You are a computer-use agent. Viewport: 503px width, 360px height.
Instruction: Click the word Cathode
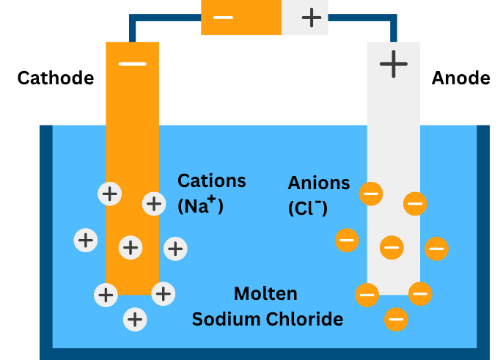coord(56,78)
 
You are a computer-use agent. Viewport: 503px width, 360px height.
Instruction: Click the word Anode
coord(460,78)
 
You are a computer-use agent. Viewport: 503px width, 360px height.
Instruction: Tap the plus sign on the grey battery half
coord(312,17)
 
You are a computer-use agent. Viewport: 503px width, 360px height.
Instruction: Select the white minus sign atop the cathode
coord(132,64)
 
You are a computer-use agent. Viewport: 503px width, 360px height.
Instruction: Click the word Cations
coord(212,180)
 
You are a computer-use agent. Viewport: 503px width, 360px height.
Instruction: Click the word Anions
coord(319,183)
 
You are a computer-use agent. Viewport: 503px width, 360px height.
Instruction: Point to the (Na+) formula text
coord(200,205)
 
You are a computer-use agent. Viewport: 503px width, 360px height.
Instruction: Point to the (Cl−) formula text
coord(308,207)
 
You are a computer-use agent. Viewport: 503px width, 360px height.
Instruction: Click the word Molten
coord(265,294)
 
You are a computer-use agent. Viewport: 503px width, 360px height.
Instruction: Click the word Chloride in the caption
coord(307,320)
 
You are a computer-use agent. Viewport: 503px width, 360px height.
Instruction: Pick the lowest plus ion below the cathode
coord(134,319)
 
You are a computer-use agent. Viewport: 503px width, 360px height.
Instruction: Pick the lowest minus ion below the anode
coord(396,318)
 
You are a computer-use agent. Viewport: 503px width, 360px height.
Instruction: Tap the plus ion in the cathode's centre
coord(131,248)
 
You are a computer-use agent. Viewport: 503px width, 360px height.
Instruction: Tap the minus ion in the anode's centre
coord(392,248)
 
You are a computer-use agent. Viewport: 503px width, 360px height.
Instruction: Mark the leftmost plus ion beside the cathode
coord(87,239)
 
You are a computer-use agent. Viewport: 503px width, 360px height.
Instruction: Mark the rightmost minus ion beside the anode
coord(436,249)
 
